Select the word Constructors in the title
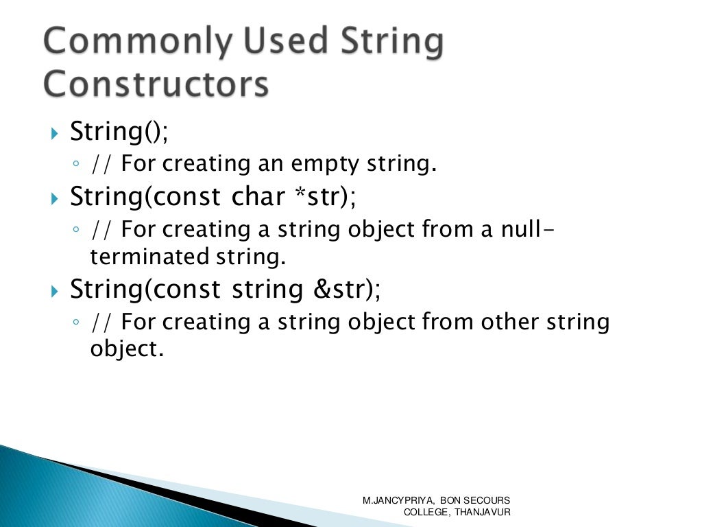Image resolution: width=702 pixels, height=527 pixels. click(155, 85)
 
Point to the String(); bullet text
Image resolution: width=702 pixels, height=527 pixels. click(119, 131)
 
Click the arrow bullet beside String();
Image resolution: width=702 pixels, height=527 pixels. click(56, 132)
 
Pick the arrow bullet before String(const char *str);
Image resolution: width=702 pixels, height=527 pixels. click(56, 198)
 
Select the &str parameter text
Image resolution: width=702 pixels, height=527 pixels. click(339, 289)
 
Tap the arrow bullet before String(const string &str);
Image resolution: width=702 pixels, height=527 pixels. click(56, 291)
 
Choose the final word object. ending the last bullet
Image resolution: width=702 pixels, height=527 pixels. click(128, 349)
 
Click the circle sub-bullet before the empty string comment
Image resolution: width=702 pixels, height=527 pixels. click(76, 165)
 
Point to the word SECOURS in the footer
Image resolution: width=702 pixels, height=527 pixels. click(488, 501)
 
